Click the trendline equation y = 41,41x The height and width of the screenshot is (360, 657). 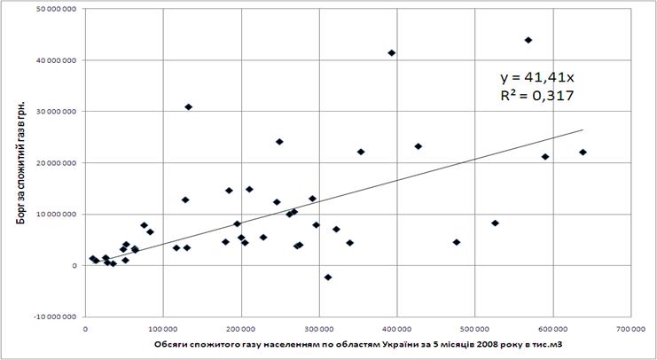(542, 77)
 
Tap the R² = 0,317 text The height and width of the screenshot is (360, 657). (542, 95)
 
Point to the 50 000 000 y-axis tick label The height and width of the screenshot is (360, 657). (53, 9)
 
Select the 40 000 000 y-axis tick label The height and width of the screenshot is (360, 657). (53, 60)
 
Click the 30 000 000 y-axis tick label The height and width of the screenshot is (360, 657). (53, 112)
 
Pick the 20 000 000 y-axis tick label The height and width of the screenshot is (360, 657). (53, 163)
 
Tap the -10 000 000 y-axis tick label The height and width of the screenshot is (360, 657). (51, 317)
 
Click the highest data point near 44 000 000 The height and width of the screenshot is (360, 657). (528, 40)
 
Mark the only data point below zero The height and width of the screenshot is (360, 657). (328, 278)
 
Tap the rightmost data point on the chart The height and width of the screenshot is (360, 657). (583, 153)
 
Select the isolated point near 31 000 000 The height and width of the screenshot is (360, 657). (188, 107)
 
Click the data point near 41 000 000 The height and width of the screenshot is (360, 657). (391, 53)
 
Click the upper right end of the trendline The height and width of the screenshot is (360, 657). (583, 130)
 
